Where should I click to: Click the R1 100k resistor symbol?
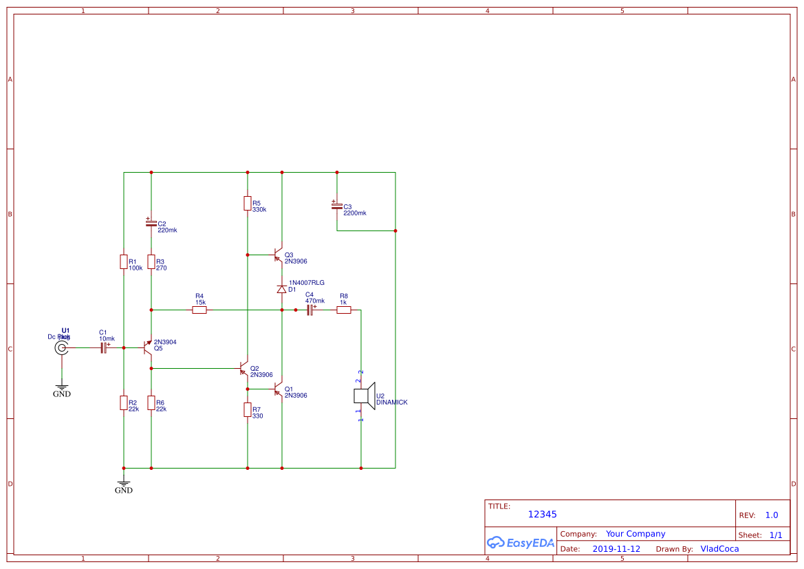[124, 262]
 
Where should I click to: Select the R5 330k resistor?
[248, 203]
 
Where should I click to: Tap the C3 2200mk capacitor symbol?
[337, 206]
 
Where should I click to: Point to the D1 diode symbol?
[281, 290]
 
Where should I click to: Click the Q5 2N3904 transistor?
[148, 347]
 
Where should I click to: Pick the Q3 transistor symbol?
[278, 255]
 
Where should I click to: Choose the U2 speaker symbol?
[362, 396]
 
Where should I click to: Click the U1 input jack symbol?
[62, 348]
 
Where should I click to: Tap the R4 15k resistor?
[199, 310]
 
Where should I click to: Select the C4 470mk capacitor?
[309, 310]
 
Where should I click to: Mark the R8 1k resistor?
[344, 310]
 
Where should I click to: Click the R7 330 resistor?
[248, 410]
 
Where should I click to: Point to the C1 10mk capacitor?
[104, 348]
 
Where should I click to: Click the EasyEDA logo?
[521, 542]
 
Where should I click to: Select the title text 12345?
[542, 515]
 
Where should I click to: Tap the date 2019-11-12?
[616, 549]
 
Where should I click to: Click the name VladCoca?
[719, 549]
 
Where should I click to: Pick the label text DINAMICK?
[391, 402]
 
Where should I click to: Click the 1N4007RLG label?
[307, 283]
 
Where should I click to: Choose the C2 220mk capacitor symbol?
[151, 224]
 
